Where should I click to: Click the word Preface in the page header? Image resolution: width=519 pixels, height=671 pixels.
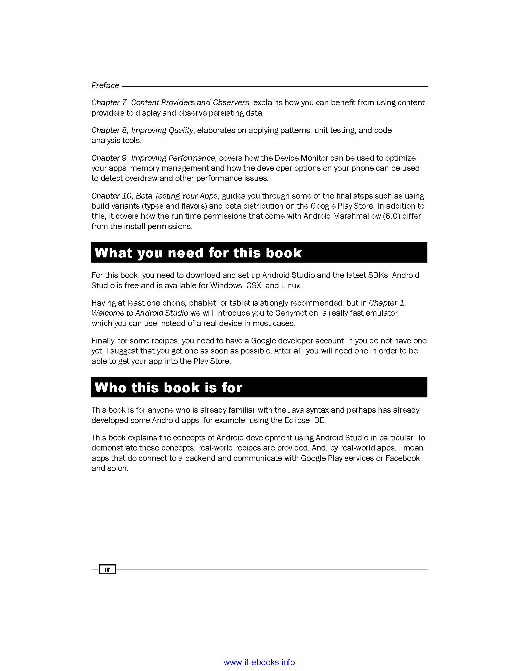[x=105, y=85]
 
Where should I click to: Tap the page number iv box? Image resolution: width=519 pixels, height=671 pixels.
[x=107, y=569]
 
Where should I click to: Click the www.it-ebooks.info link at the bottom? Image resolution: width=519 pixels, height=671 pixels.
[x=259, y=662]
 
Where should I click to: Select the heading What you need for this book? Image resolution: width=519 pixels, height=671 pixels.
[x=198, y=253]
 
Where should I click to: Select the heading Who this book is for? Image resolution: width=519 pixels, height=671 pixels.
[x=168, y=387]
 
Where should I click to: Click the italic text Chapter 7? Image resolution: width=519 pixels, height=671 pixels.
[x=109, y=102]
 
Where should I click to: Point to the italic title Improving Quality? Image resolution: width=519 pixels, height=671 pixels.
[x=162, y=130]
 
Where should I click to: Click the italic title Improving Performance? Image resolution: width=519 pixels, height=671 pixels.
[x=173, y=158]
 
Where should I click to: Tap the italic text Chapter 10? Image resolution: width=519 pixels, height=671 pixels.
[x=112, y=196]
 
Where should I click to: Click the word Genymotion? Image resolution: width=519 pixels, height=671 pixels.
[x=297, y=313]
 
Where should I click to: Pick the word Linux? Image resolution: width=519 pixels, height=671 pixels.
[x=291, y=285]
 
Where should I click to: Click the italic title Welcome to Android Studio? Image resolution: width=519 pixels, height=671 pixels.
[x=140, y=313]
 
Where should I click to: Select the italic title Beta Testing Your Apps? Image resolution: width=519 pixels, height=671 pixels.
[x=176, y=196]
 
